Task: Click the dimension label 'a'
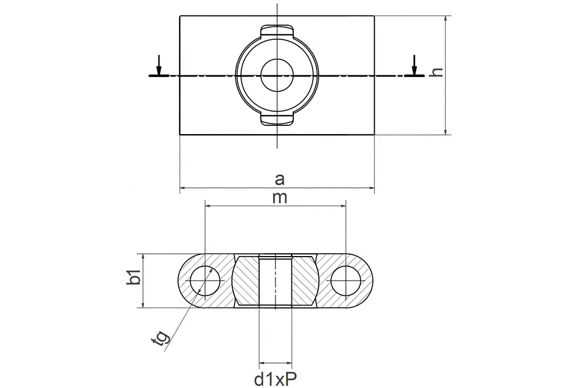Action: click(x=280, y=178)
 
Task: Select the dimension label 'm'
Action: click(x=280, y=197)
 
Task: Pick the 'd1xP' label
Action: click(x=275, y=379)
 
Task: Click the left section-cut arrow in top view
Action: click(x=159, y=65)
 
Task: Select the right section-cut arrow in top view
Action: click(x=413, y=65)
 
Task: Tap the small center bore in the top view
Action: click(x=277, y=75)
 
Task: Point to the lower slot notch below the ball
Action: click(x=277, y=119)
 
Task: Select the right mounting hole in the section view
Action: click(x=346, y=280)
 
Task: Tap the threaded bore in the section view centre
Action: click(x=275, y=280)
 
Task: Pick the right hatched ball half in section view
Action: click(x=305, y=280)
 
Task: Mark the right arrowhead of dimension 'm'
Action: click(x=344, y=206)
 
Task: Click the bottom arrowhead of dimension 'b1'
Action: click(x=144, y=304)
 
